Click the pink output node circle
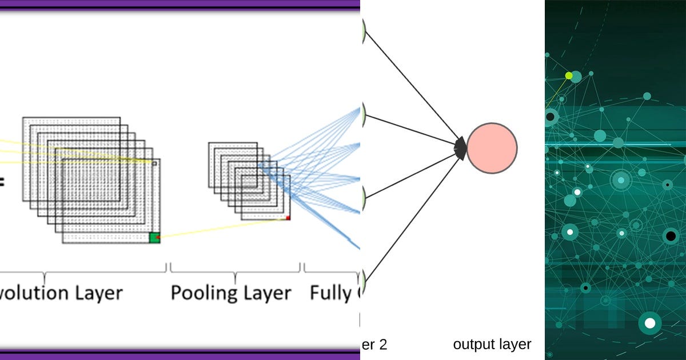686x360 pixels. pos(492,149)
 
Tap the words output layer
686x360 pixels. pos(492,345)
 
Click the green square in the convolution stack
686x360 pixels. pos(154,238)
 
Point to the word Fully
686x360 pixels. pos(330,293)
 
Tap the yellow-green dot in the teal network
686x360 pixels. pos(569,75)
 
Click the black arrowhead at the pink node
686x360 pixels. pos(460,149)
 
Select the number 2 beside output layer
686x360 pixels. pos(383,345)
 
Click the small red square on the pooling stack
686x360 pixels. pos(288,218)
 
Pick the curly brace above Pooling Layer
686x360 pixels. pos(235,269)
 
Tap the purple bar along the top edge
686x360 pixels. pos(180,4)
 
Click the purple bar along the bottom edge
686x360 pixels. pos(180,355)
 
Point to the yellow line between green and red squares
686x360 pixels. pos(223,227)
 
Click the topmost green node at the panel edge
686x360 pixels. pos(362,30)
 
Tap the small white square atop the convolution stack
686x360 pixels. pos(154,162)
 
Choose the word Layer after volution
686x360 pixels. pos(98,293)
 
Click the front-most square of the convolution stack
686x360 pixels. pos(111,200)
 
